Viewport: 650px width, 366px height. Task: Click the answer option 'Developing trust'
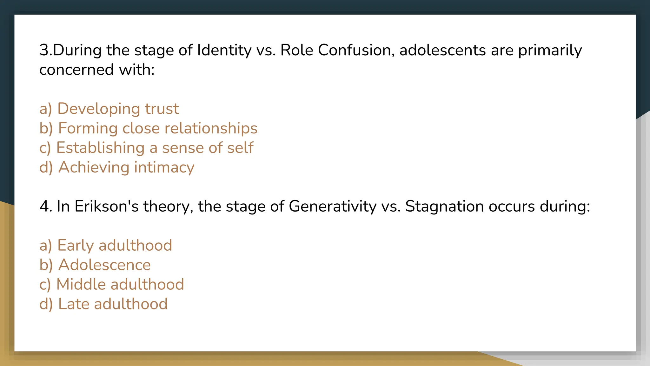[x=109, y=109]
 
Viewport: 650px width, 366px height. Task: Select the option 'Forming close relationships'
[x=148, y=128]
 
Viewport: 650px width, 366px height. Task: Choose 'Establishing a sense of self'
[x=146, y=148]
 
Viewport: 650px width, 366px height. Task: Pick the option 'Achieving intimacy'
[x=117, y=167]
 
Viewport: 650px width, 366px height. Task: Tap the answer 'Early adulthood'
[x=106, y=245]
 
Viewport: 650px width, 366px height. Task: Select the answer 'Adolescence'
[x=95, y=265]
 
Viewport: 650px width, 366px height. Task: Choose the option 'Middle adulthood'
[x=112, y=284]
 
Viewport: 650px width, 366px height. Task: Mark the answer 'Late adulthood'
[x=103, y=304]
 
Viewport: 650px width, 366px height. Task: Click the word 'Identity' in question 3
[x=224, y=50]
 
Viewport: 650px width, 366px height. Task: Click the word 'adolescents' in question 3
[x=442, y=50]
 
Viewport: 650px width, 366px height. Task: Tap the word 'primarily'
[x=550, y=50]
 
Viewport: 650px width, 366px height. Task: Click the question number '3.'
[x=45, y=50]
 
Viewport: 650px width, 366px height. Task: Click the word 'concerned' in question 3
[x=76, y=70]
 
